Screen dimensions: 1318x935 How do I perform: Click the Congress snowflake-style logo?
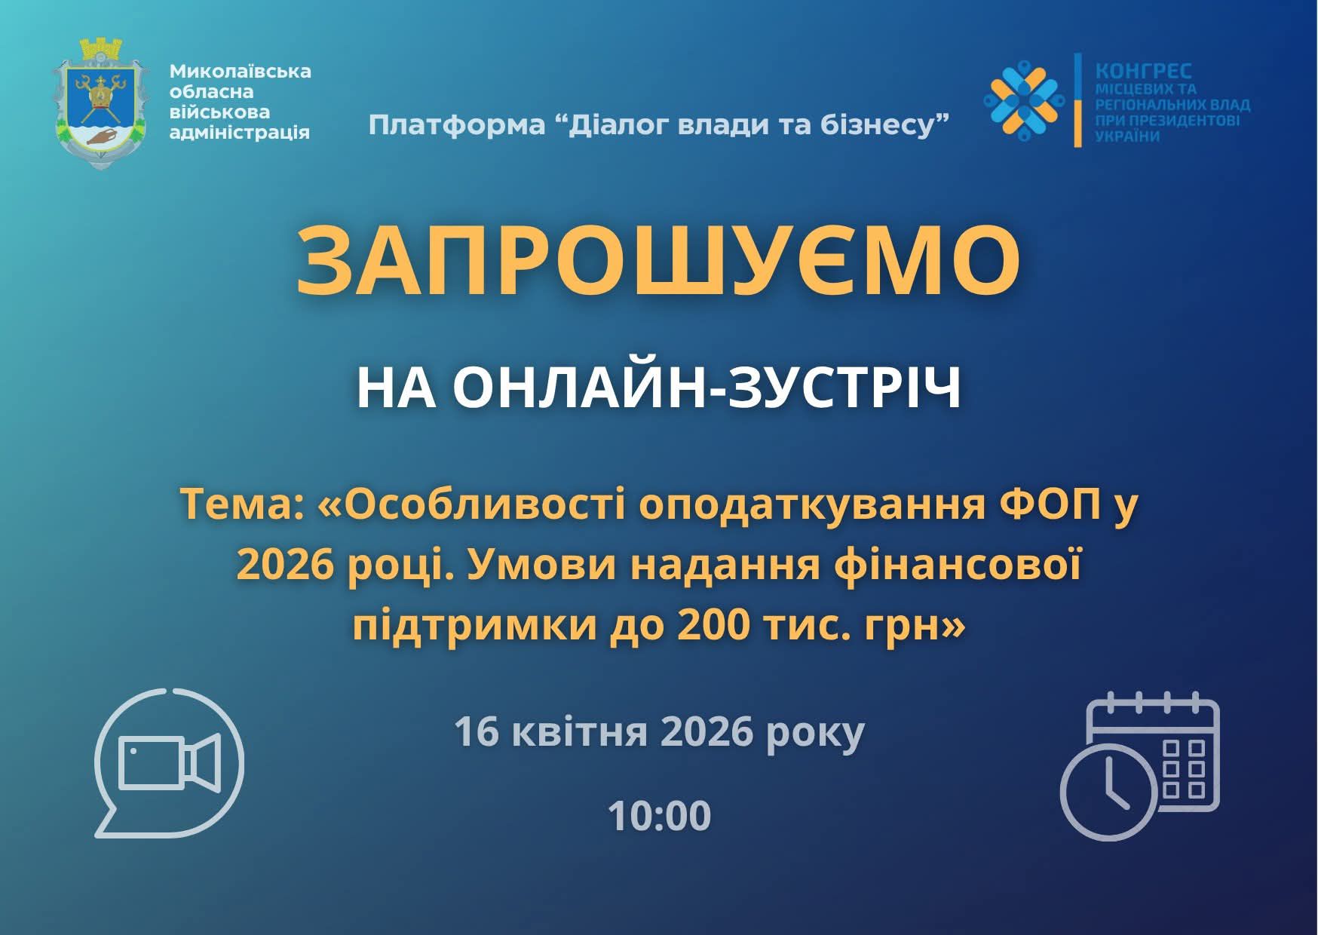(x=1023, y=99)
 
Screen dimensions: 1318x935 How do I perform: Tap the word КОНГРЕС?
(x=1143, y=71)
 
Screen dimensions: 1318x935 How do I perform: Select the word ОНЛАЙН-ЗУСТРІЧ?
(x=706, y=388)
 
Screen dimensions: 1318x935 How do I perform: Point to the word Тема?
(x=241, y=506)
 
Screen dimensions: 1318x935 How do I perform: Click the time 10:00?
(x=659, y=816)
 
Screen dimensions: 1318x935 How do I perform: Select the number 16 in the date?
(x=476, y=731)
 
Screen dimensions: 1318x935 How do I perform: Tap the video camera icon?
(x=170, y=763)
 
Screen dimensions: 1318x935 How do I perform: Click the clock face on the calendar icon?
(x=1108, y=792)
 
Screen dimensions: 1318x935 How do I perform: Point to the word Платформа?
(x=456, y=125)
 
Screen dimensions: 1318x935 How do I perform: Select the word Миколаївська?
(x=240, y=71)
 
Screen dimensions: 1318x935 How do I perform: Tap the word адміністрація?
(x=240, y=133)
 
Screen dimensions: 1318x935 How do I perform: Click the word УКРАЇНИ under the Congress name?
(x=1127, y=136)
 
